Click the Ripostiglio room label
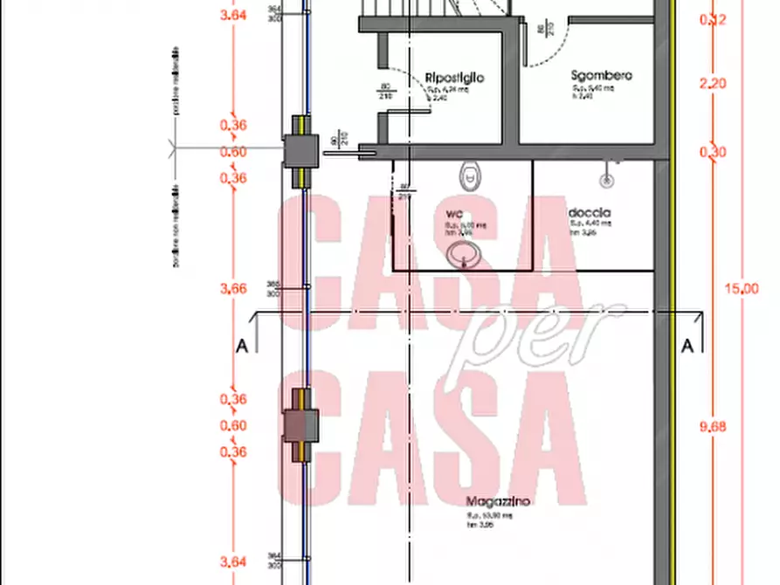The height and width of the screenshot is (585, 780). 454,79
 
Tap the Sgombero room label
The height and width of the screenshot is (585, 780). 602,75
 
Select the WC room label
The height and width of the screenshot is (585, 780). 454,214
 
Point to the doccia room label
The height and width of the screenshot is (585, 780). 589,213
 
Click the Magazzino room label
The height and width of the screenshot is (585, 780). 497,502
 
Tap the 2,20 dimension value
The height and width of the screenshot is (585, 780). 714,85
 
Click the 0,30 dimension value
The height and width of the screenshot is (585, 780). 714,152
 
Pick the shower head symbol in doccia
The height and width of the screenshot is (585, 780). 605,180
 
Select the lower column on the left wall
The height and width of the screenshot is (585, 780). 299,426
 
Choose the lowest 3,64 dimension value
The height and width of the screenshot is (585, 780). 232,562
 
